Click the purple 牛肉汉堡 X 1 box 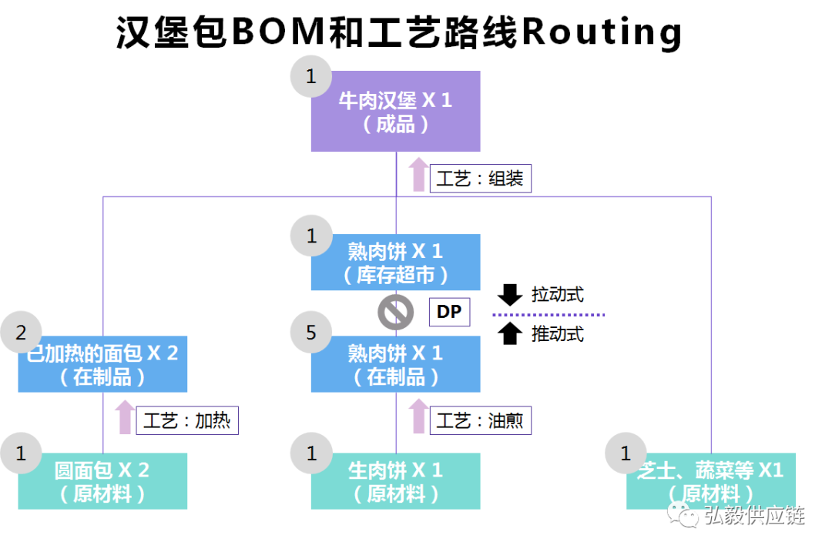click(395, 112)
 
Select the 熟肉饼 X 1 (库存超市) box click(395, 263)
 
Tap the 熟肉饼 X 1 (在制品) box click(395, 365)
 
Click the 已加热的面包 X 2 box click(102, 365)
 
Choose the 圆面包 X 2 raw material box click(102, 481)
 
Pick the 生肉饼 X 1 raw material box click(395, 481)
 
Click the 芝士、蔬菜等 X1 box click(710, 481)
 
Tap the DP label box click(448, 312)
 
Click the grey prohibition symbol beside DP click(395, 313)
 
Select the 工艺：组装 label click(480, 179)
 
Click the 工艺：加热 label click(187, 421)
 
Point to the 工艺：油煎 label click(480, 421)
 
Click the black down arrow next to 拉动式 click(510, 294)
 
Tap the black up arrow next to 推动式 click(510, 333)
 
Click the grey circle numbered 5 click(311, 333)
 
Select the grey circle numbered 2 click(21, 333)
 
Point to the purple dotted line click(549, 315)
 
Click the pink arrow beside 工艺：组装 click(418, 174)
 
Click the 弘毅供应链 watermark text click(753, 515)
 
